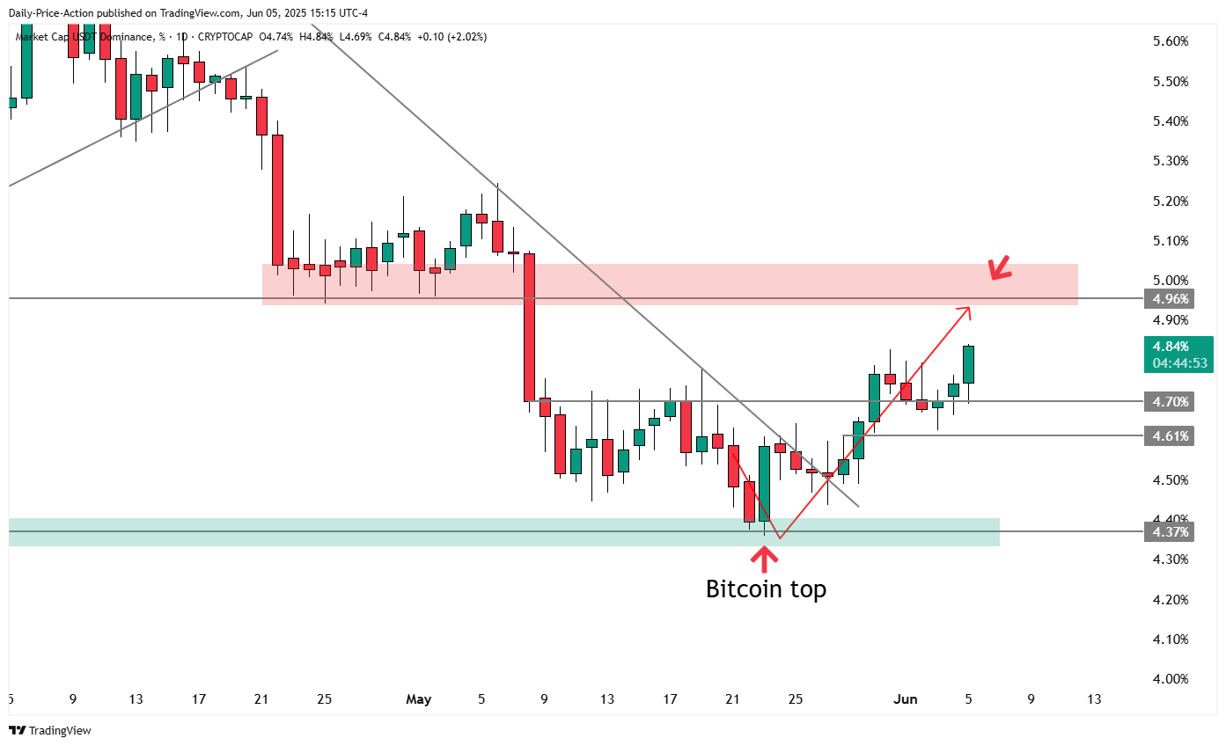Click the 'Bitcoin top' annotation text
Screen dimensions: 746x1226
coord(766,589)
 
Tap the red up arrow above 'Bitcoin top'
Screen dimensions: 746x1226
coord(764,559)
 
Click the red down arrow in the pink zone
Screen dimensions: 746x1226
coord(999,268)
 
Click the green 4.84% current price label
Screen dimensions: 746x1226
coord(1177,347)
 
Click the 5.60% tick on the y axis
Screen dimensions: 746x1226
coord(1171,41)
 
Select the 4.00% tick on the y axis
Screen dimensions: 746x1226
coord(1171,679)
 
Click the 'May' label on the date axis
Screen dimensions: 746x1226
coord(419,699)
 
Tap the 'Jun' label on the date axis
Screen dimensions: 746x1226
coord(906,699)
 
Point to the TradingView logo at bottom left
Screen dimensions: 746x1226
coord(50,730)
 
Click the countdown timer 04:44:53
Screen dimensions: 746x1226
coord(1177,363)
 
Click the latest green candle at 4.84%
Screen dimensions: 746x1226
coord(969,364)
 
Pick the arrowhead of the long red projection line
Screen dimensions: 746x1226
coord(968,309)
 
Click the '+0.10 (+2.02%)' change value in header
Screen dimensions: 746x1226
coord(451,37)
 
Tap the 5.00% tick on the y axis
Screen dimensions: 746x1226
coord(1171,281)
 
